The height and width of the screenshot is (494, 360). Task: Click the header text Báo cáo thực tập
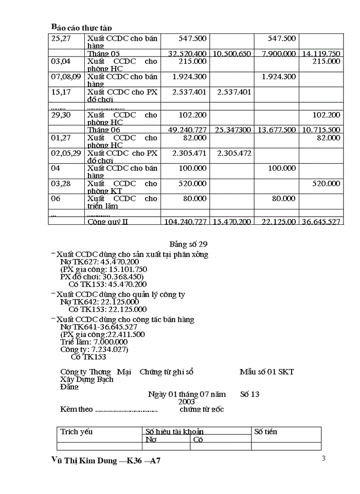tap(81, 27)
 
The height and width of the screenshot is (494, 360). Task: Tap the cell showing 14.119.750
tap(320, 54)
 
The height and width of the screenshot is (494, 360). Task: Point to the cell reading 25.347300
tap(232, 130)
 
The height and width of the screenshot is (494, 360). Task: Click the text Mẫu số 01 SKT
tap(266, 372)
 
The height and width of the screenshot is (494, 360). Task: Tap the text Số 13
tap(250, 394)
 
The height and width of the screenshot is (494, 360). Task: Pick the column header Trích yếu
tap(77, 432)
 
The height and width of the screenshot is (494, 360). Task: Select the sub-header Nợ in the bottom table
tap(151, 440)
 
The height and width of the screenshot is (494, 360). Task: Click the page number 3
tap(323, 458)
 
